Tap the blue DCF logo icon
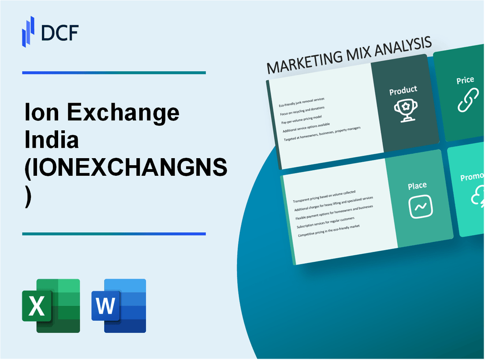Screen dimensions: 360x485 28,31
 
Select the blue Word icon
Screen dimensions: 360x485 119,305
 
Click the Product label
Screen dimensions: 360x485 403,91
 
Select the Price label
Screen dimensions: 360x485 465,80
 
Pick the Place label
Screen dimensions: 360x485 417,186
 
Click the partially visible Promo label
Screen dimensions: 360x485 472,177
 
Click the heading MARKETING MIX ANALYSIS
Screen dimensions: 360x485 349,56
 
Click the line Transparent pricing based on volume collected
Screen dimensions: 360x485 324,197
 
